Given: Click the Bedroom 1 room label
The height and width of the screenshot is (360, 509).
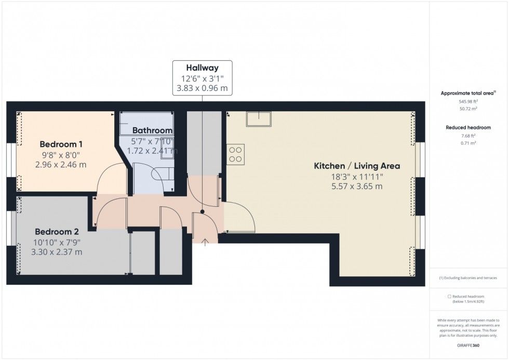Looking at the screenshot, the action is pos(61,144).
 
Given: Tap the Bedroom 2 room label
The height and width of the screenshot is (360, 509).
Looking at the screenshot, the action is pos(57,232).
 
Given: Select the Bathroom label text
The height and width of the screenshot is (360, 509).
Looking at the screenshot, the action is pos(152,130).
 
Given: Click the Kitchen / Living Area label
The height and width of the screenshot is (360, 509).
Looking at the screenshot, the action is pos(357,166).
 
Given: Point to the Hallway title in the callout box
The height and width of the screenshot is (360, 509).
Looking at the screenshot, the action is pos(202,68).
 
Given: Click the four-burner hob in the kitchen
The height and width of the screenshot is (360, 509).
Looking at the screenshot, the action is pos(236,154).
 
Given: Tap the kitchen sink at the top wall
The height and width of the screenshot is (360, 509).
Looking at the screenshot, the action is pos(259,119).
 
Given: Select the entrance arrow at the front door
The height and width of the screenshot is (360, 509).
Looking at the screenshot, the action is pos(205,243).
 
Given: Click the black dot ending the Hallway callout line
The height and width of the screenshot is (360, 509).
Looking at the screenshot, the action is pos(202,211).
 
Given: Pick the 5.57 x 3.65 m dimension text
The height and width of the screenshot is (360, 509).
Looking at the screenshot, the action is pos(357,186).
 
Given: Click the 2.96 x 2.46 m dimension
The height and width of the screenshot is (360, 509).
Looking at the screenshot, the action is pos(61,165).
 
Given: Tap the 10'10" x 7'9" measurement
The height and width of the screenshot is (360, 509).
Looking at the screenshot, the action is pos(57,242).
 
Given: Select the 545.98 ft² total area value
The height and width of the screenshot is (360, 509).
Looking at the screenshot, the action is pos(468,101).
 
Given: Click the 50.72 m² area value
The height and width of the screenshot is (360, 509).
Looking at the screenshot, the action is pos(468,109).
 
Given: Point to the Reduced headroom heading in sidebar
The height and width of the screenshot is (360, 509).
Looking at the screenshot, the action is pos(468,128).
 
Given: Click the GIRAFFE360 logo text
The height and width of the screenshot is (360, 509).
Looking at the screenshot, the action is pos(468,345).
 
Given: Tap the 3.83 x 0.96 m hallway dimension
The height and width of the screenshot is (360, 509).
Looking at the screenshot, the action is pos(202,88).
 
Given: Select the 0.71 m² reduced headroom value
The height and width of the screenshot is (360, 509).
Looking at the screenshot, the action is pos(468,143).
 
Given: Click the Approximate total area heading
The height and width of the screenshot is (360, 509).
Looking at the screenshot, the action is pos(468,93).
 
